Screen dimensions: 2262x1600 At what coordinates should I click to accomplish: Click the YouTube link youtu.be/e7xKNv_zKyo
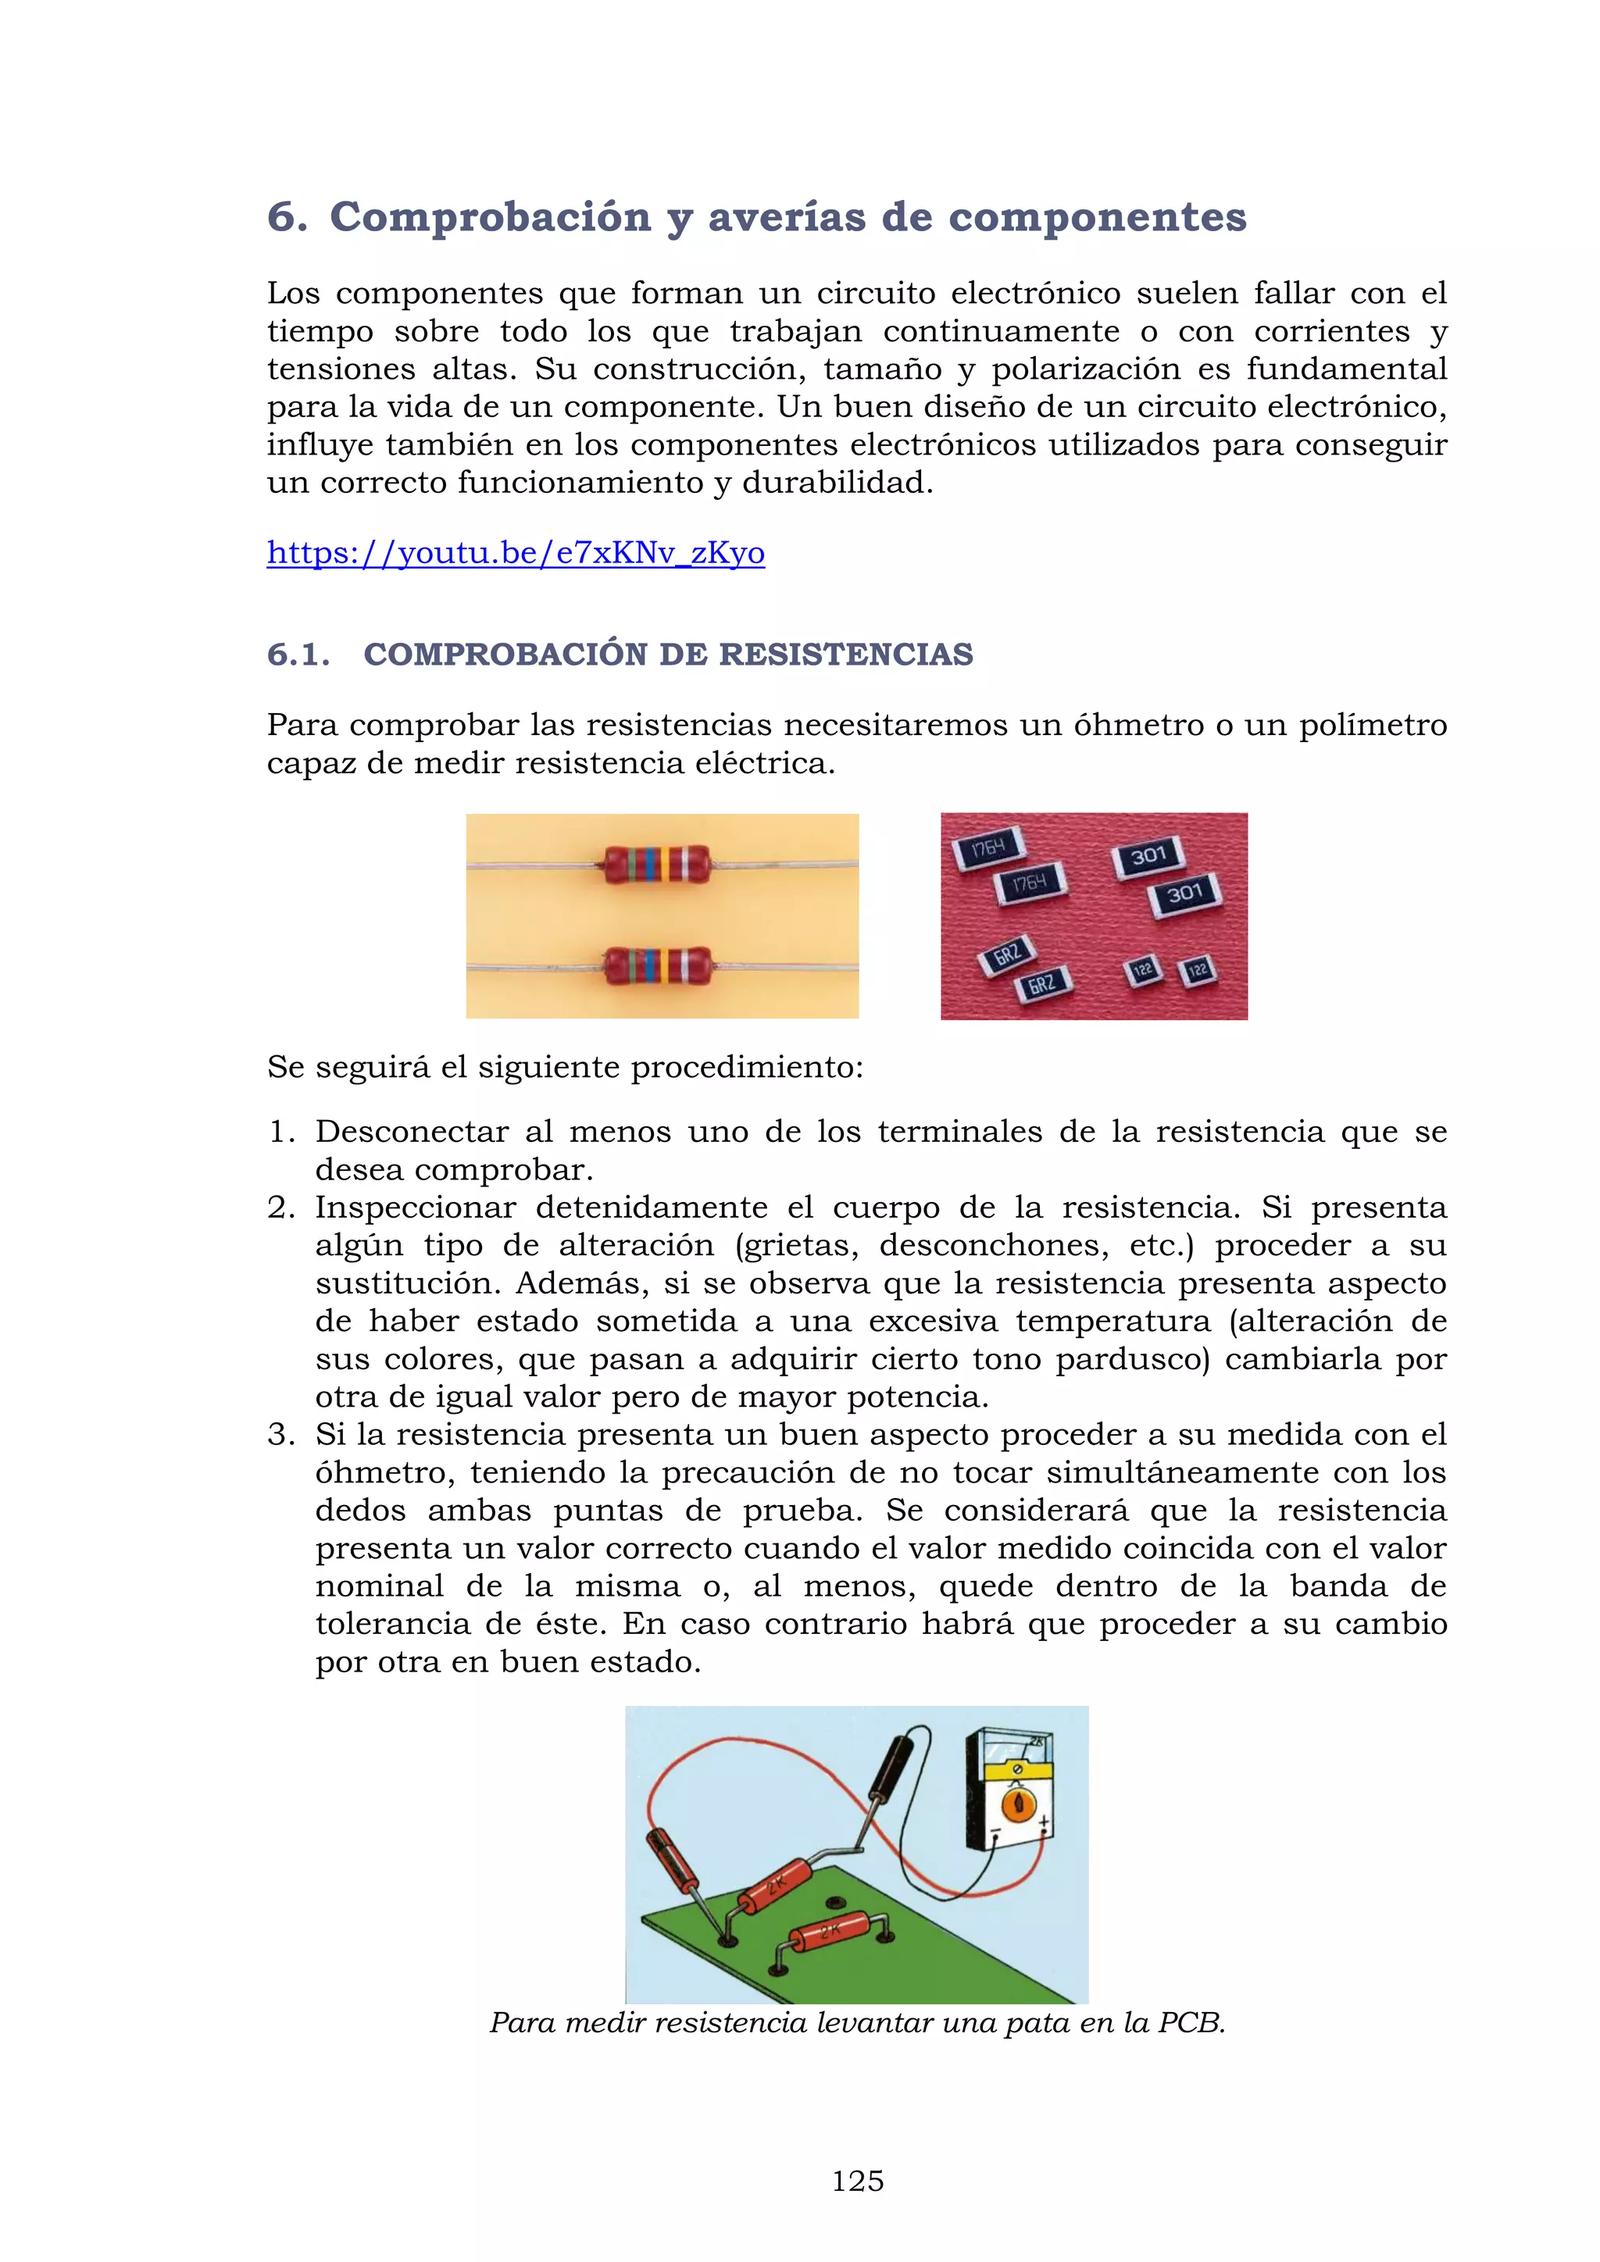516,553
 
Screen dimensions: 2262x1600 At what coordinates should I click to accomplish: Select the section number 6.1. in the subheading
298,655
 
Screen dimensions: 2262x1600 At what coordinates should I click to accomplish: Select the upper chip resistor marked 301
1148,856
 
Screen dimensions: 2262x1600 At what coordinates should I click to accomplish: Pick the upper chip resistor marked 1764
988,847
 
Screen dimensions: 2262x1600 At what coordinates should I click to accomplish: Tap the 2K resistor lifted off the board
774,1886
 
